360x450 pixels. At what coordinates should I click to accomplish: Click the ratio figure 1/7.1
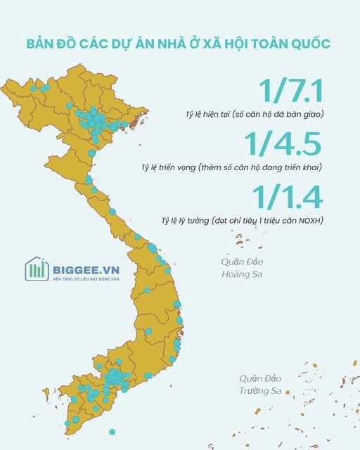290,92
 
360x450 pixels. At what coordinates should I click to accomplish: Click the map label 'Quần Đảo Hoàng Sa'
241,267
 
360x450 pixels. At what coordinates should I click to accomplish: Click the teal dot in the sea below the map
111,431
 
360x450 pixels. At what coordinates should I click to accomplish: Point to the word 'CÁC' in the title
92,44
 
